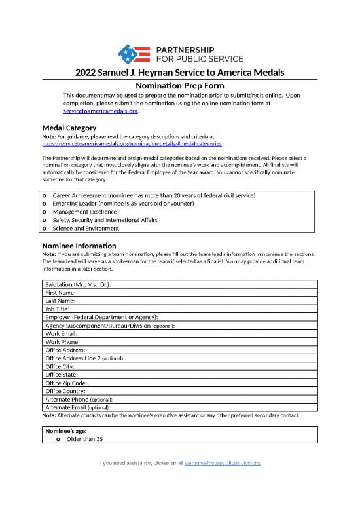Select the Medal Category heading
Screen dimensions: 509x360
[69, 127]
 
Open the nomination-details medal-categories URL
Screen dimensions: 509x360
[132, 142]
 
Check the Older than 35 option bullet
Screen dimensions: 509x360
[59, 439]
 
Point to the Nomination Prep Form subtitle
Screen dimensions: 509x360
[179, 86]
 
